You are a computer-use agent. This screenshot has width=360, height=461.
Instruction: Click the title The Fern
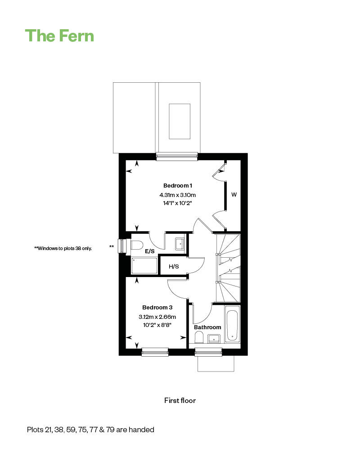[x=59, y=36]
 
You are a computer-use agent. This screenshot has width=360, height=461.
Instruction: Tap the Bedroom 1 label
[x=178, y=186]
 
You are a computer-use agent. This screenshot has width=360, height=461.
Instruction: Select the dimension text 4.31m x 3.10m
[x=178, y=195]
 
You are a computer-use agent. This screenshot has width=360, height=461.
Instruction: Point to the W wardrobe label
[x=234, y=195]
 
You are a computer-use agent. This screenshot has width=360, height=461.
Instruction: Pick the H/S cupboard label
[x=174, y=266]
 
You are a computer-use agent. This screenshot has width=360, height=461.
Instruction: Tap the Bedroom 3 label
[x=157, y=308]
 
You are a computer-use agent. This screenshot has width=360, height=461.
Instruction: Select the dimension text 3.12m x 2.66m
[x=157, y=317]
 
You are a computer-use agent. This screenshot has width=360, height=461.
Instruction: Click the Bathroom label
[x=207, y=327]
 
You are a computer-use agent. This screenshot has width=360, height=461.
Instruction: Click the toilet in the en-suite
[x=135, y=245]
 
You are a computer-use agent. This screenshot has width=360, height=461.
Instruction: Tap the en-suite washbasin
[x=180, y=243]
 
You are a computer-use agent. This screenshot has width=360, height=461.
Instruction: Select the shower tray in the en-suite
[x=144, y=265]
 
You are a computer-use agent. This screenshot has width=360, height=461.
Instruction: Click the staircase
[x=229, y=268]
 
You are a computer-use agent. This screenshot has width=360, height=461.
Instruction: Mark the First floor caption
[x=180, y=400]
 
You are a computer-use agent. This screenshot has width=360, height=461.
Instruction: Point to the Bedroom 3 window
[x=155, y=352]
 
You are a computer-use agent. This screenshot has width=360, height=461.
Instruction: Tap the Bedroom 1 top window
[x=177, y=157]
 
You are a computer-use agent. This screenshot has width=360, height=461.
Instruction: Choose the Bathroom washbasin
[x=214, y=338]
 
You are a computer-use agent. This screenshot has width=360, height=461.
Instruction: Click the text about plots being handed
[x=90, y=430]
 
